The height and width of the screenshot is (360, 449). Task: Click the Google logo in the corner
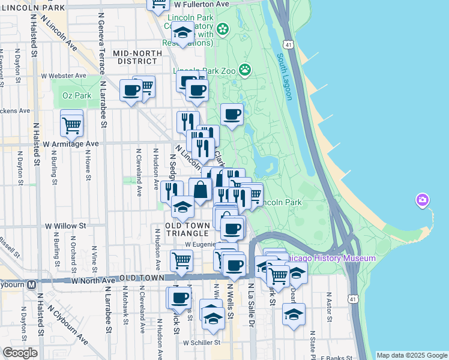[20, 353]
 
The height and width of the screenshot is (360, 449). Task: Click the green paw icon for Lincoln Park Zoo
[245, 70]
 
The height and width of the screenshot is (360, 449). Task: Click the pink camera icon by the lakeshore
[423, 199]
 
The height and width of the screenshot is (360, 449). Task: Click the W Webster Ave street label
[64, 76]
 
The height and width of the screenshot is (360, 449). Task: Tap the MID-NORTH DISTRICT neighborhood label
[137, 57]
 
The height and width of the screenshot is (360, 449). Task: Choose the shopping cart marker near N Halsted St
[71, 125]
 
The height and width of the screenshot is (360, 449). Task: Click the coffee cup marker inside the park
[232, 114]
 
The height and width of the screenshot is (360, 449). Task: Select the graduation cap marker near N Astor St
[294, 314]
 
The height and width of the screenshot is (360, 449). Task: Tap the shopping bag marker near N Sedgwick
[200, 190]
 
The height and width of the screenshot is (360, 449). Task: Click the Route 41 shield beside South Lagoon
[289, 45]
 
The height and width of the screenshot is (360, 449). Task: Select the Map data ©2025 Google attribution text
[412, 355]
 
